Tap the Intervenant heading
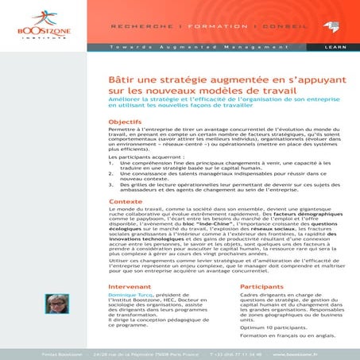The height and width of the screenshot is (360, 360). [x=129, y=285]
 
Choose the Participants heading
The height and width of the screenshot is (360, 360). [x=261, y=285]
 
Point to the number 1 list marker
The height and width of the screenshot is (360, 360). [x=110, y=161]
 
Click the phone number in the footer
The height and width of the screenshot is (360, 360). [x=238, y=353]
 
